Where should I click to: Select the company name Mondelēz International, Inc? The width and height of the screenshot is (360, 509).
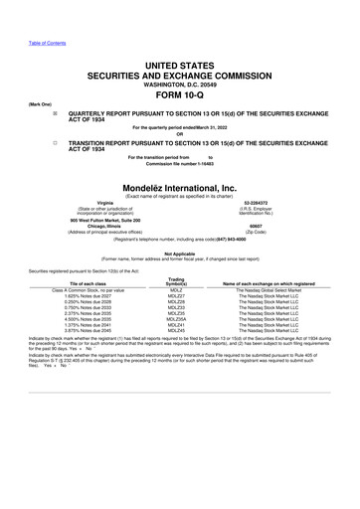pos(180,185)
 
